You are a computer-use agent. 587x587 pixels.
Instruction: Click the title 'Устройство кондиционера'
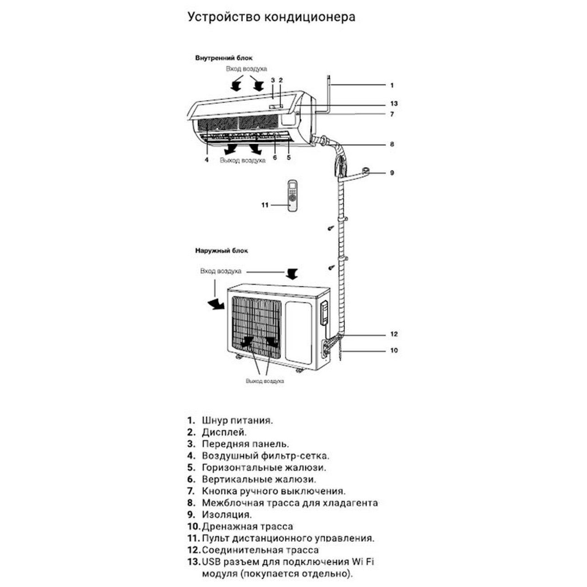(271, 17)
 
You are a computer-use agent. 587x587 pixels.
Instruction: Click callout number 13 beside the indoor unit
(394, 103)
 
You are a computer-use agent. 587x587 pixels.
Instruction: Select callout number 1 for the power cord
(392, 86)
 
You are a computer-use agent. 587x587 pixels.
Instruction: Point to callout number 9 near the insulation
(392, 173)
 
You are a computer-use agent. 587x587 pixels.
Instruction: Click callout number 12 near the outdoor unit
(394, 334)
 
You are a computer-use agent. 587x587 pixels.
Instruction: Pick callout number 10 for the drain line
(394, 350)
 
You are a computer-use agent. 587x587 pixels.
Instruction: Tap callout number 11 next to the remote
(265, 205)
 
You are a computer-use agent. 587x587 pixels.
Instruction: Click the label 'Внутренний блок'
(224, 58)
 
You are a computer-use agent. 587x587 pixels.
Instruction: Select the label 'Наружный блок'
(221, 251)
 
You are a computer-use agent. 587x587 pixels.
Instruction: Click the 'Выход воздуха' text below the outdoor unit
(265, 381)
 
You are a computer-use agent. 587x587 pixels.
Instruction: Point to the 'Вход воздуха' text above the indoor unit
(247, 69)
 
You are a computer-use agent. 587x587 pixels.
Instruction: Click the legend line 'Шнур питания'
(238, 421)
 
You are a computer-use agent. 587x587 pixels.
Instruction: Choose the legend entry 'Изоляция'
(227, 514)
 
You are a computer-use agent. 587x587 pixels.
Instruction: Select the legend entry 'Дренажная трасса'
(247, 526)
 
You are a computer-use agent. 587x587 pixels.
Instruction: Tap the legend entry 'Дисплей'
(224, 432)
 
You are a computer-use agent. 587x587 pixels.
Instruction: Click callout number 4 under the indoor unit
(206, 160)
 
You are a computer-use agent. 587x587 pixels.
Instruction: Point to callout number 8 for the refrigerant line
(392, 144)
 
